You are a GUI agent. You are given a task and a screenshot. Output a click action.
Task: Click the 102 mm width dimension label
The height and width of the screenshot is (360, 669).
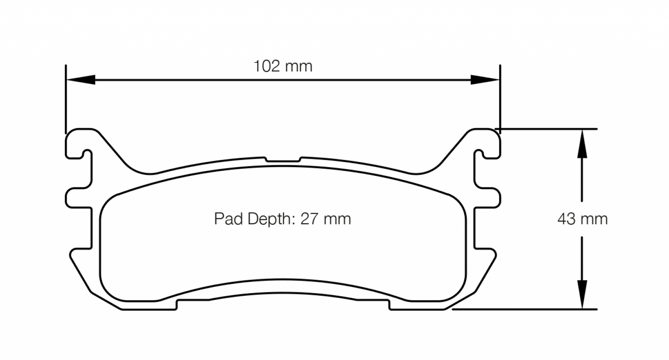tap(282, 66)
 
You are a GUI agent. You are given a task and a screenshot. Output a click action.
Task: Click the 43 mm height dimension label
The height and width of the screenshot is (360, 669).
tap(582, 219)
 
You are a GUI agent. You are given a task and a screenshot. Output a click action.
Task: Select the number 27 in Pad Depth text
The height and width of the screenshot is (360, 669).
tap(309, 218)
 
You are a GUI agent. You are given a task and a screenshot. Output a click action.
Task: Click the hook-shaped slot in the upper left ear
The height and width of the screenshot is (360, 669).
tap(84, 154)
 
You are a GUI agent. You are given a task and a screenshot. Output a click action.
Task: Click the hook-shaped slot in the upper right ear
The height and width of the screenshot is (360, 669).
tap(481, 154)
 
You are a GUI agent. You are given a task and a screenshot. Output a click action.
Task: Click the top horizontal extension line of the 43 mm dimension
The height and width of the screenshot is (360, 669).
tap(546, 129)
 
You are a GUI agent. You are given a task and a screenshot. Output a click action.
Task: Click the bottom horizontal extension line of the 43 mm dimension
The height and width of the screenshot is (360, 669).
tap(523, 309)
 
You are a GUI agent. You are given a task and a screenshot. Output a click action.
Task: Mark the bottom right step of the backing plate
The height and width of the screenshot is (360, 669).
tap(389, 304)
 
